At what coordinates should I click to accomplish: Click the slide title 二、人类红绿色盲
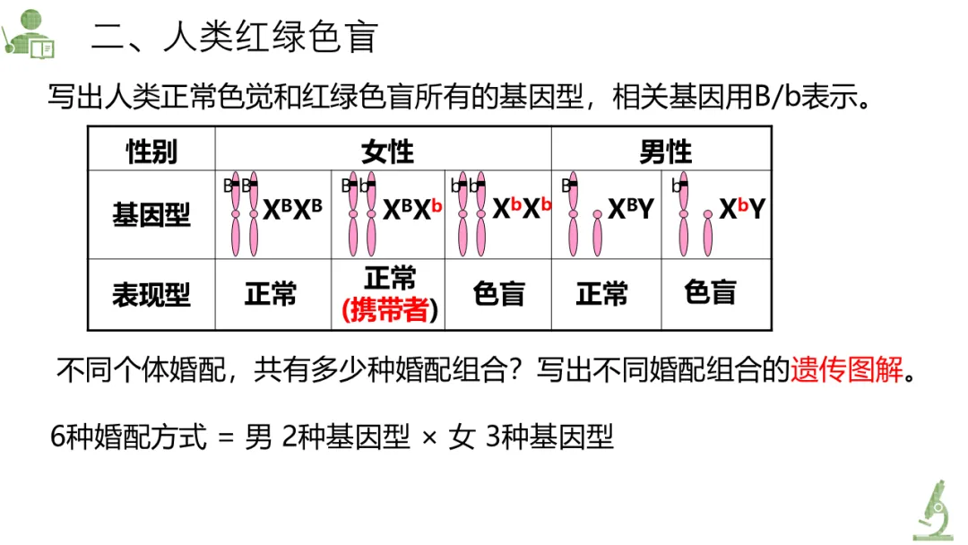pyautogui.click(x=235, y=38)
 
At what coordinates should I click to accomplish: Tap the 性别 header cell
pyautogui.click(x=151, y=151)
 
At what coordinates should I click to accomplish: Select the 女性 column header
pyautogui.click(x=387, y=151)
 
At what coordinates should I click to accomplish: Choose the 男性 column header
pyautogui.click(x=665, y=151)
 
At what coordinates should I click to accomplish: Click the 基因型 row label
pyautogui.click(x=151, y=215)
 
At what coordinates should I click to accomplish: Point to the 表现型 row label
pyautogui.click(x=151, y=295)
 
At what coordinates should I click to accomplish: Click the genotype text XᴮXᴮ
pyautogui.click(x=292, y=210)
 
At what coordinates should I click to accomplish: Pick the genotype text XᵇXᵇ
pyautogui.click(x=522, y=210)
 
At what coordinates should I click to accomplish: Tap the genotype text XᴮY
pyautogui.click(x=631, y=210)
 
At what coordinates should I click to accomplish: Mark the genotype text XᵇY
pyautogui.click(x=740, y=210)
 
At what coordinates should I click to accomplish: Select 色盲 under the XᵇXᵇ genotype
pyautogui.click(x=498, y=294)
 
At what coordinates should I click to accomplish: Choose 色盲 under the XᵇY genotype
pyautogui.click(x=710, y=292)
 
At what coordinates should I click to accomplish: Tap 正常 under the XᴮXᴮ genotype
pyautogui.click(x=271, y=294)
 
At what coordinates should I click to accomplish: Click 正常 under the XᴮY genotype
pyautogui.click(x=602, y=294)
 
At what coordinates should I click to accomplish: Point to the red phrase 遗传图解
pyautogui.click(x=847, y=370)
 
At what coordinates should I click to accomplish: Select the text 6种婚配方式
pyautogui.click(x=129, y=437)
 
